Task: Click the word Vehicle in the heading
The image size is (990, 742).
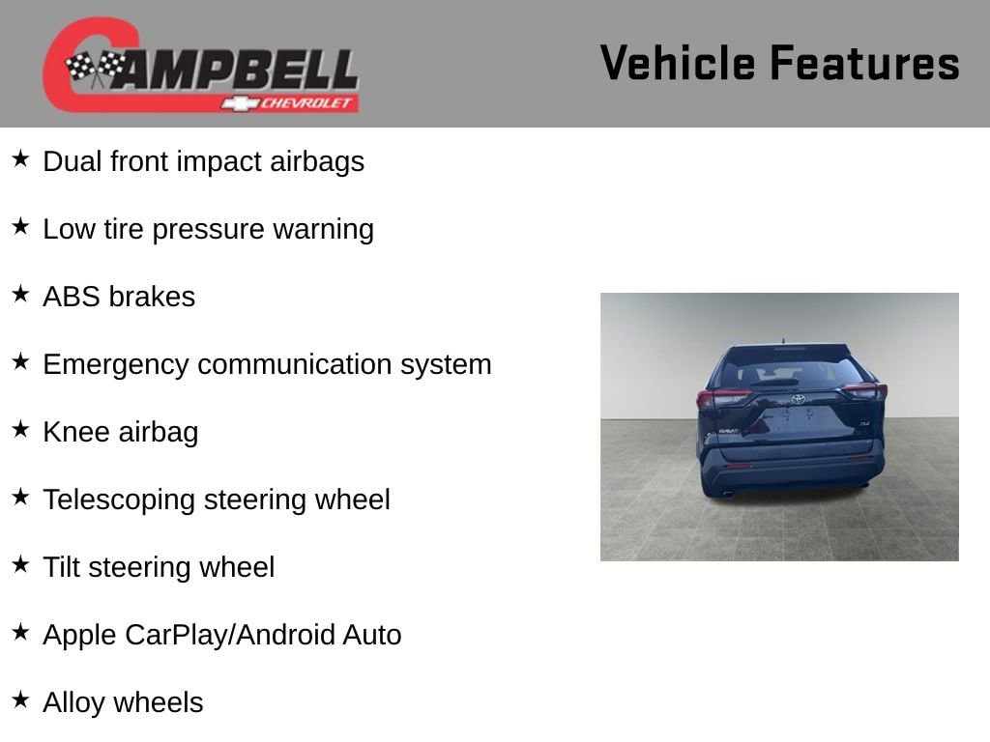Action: pyautogui.click(x=678, y=63)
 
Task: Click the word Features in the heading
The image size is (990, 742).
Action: pyautogui.click(x=864, y=63)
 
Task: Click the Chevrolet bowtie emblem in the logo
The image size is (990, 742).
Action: pyautogui.click(x=240, y=103)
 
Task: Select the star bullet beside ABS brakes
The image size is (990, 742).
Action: pyautogui.click(x=21, y=294)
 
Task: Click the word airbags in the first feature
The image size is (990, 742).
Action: pyautogui.click(x=317, y=162)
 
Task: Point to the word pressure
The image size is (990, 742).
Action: pyautogui.click(x=208, y=230)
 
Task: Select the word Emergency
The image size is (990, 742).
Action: pyautogui.click(x=116, y=365)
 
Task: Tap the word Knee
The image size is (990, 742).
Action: pyautogui.click(x=76, y=432)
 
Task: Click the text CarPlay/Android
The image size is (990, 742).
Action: pyautogui.click(x=229, y=635)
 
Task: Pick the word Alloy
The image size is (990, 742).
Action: pyautogui.click(x=73, y=703)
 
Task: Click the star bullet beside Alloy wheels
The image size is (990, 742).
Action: pyautogui.click(x=21, y=699)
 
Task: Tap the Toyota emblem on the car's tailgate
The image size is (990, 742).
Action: pyautogui.click(x=798, y=399)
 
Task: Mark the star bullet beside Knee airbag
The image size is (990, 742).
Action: pyautogui.click(x=21, y=429)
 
